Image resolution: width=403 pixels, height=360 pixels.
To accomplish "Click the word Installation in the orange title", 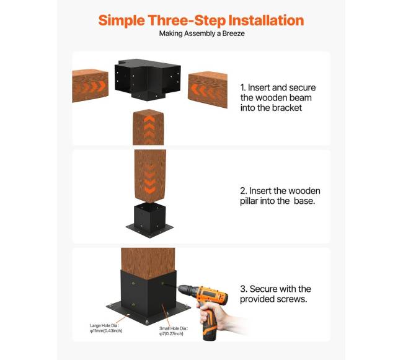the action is click(x=266, y=20).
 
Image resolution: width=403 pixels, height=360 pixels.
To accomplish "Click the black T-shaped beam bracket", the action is click(x=148, y=79).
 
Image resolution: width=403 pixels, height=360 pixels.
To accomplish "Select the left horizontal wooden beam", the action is click(x=90, y=86).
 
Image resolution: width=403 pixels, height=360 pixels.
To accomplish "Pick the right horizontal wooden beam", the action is click(x=208, y=89).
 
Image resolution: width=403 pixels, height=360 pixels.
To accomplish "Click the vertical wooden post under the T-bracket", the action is click(x=148, y=128).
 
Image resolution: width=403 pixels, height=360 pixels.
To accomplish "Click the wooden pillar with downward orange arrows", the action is click(x=150, y=176).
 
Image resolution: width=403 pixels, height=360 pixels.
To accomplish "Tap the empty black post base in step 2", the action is click(x=149, y=220).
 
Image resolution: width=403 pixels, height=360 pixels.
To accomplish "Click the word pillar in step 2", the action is click(x=249, y=201).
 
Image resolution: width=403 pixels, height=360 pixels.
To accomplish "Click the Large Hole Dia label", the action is click(x=106, y=328).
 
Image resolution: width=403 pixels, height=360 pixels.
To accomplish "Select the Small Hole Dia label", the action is click(x=174, y=331).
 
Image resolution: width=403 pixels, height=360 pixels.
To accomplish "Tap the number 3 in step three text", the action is click(x=243, y=289).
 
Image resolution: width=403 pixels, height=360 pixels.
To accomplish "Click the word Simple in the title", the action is click(x=122, y=21).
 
